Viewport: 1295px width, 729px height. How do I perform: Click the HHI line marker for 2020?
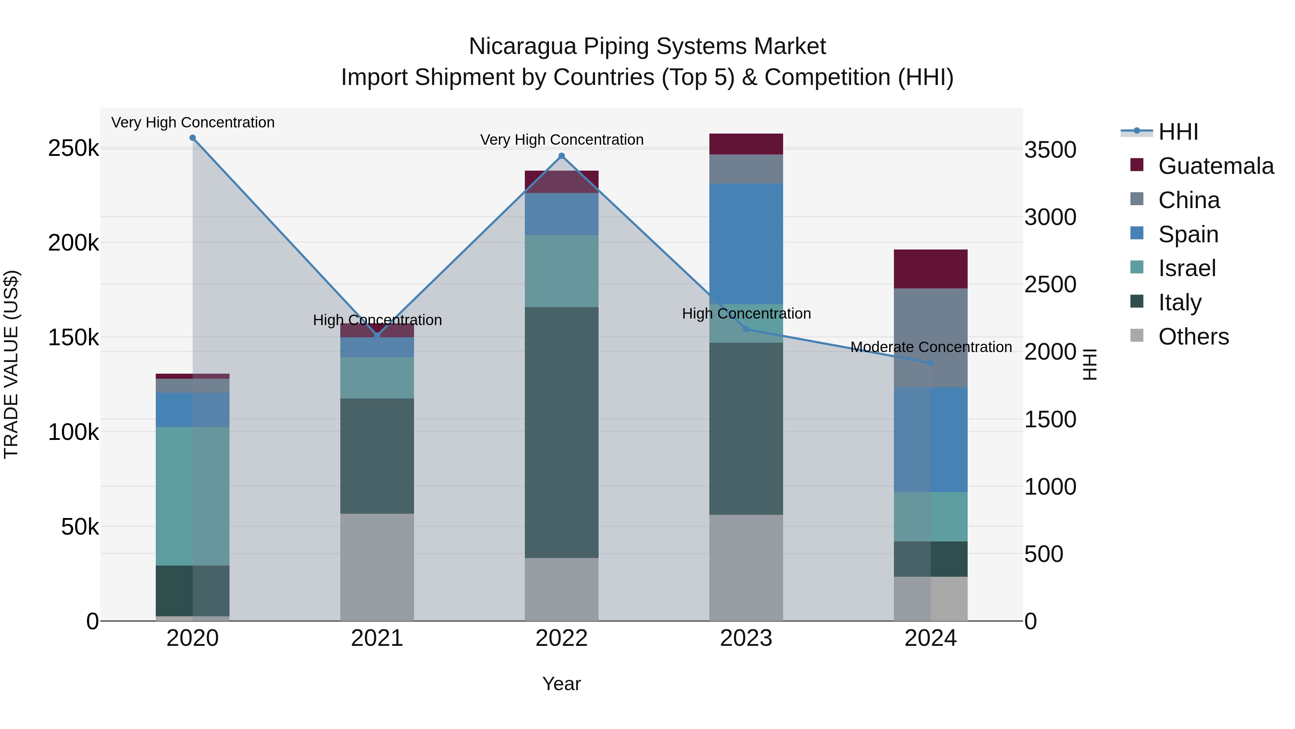[x=192, y=138]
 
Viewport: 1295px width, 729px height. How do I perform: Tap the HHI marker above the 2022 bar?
[x=562, y=156]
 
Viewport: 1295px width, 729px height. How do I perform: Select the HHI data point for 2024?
[x=931, y=363]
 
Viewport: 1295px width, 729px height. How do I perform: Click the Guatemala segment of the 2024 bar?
[x=931, y=269]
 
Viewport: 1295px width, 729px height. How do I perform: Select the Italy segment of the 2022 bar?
[x=562, y=433]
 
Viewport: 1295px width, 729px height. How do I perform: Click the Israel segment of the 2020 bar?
[x=192, y=496]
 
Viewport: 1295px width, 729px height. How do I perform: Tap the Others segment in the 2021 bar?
[x=377, y=567]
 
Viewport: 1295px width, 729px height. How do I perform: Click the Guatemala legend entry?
[x=1216, y=166]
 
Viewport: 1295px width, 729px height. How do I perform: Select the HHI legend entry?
[x=1178, y=132]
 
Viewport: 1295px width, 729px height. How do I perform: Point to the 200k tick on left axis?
[x=73, y=243]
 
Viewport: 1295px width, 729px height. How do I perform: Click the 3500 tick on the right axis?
[x=1050, y=150]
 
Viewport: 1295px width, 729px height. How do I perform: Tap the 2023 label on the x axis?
[x=746, y=638]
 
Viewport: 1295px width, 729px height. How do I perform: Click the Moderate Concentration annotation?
[x=931, y=347]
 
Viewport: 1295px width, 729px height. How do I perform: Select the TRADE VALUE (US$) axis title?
[x=11, y=364]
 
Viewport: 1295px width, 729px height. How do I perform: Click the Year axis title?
[x=562, y=684]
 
